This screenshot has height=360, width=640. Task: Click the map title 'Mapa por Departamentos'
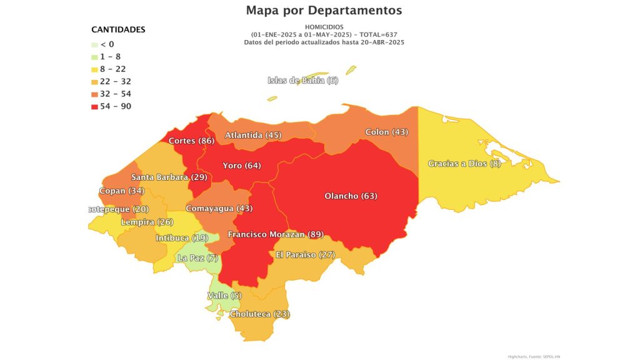coord(324,11)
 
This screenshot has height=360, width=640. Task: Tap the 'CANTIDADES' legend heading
coord(118,30)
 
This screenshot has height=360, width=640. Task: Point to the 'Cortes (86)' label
coord(191,141)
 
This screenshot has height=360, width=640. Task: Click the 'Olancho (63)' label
coord(351,196)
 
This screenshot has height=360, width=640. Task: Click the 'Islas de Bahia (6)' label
coord(302,81)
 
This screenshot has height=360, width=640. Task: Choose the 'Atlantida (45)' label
coord(253,135)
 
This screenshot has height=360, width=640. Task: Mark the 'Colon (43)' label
coord(387,132)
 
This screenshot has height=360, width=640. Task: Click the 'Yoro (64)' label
coord(242,166)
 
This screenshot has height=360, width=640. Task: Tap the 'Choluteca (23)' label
coord(260,314)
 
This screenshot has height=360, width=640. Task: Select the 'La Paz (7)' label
coord(197,258)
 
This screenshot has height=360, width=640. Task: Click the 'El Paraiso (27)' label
coord(306,255)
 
